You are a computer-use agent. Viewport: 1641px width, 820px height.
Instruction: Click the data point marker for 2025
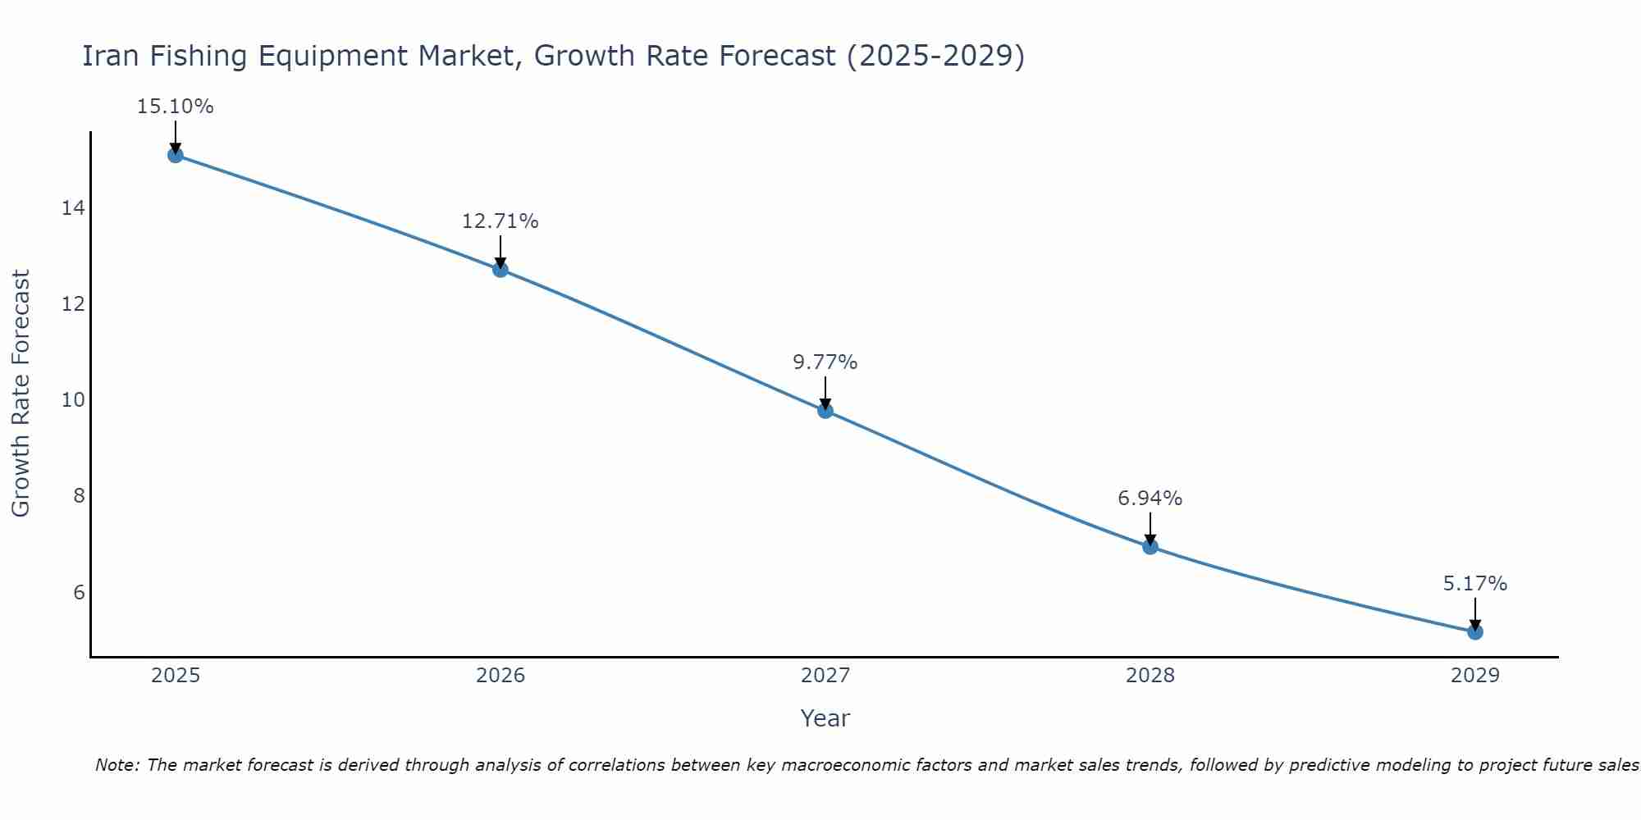click(x=176, y=155)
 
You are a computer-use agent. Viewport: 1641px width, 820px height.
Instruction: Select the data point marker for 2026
click(x=501, y=269)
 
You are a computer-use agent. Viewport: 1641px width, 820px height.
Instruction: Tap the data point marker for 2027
click(x=825, y=411)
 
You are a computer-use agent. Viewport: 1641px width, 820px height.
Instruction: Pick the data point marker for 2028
click(x=1150, y=547)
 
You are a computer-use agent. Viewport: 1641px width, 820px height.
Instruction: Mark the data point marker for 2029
click(x=1475, y=632)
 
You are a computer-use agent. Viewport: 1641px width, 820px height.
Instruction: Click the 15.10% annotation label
click(x=176, y=107)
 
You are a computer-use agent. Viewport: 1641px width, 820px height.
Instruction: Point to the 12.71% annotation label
click(x=501, y=221)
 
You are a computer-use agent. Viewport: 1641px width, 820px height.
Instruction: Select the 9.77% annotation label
click(x=825, y=362)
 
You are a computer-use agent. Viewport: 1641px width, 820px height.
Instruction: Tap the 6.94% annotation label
click(x=1150, y=499)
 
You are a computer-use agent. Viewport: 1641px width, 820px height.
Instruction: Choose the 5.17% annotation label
click(x=1475, y=584)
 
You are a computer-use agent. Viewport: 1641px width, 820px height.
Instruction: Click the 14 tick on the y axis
click(x=73, y=208)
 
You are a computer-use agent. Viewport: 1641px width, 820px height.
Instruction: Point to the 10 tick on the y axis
click(x=73, y=400)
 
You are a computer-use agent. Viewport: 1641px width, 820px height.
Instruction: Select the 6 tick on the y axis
click(x=79, y=592)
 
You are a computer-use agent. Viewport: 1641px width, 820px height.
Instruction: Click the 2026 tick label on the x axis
click(x=501, y=676)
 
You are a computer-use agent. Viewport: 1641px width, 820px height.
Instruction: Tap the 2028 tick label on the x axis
click(x=1150, y=676)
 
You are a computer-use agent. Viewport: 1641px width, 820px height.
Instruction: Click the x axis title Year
click(x=825, y=718)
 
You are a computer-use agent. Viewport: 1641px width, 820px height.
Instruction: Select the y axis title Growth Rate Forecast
click(x=21, y=394)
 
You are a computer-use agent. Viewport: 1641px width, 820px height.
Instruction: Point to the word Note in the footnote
click(x=117, y=765)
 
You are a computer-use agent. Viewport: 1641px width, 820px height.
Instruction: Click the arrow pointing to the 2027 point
click(x=825, y=392)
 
